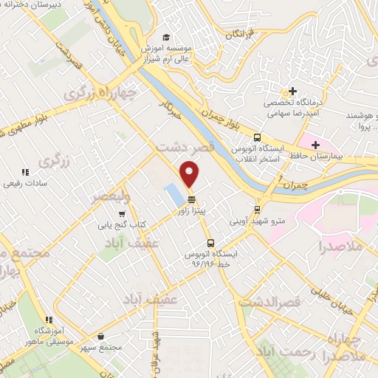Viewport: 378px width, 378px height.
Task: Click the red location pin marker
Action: [x=190, y=173]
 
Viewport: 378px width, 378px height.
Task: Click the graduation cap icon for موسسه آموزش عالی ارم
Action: [x=167, y=37]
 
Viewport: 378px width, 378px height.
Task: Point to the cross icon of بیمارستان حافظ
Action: [x=316, y=144]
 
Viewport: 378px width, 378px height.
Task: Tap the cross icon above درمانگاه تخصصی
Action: [x=293, y=92]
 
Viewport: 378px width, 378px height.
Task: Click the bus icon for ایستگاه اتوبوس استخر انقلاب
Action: [x=257, y=137]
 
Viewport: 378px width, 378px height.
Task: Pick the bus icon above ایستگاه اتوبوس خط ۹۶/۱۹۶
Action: [x=210, y=243]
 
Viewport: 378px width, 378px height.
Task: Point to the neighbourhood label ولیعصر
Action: [x=110, y=196]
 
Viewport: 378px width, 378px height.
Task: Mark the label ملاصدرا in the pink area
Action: [x=340, y=246]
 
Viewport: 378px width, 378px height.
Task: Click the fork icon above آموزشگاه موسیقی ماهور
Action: [x=49, y=320]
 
